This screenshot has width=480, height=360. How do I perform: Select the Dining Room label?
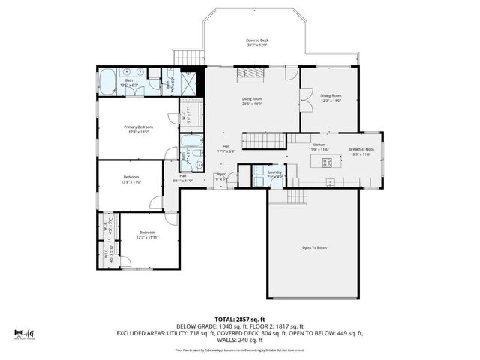point(331,95)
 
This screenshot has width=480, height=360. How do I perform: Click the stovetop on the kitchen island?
point(327,161)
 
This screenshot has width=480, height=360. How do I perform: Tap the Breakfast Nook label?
point(362,149)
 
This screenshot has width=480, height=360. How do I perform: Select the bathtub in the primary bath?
point(107,79)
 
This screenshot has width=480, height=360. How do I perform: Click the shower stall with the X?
point(193,79)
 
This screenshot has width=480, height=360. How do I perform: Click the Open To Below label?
point(314,247)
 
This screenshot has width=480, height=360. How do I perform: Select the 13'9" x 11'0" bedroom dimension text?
point(131,181)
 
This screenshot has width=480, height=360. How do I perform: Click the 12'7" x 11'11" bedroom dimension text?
point(146,237)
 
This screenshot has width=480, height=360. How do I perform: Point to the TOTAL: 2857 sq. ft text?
point(239,319)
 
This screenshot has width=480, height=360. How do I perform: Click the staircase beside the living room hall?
point(266,139)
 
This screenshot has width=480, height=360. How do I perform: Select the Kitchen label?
point(318,144)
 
